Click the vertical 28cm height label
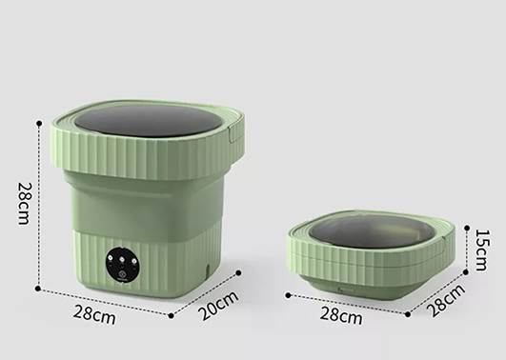pos(24,204)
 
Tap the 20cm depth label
pos(218,305)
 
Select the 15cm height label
pos(483,250)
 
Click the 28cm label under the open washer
pos(94,314)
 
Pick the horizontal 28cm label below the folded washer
pos(341,315)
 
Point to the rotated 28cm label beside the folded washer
pos(446,300)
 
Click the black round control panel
pos(122,267)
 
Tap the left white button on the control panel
pos(111,258)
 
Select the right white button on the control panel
pos(133,261)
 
